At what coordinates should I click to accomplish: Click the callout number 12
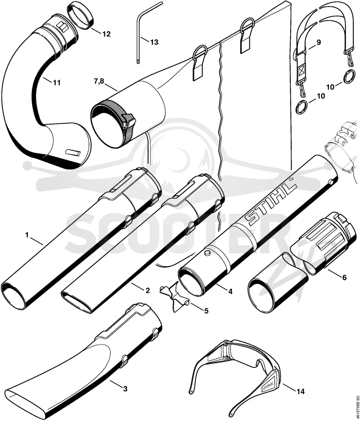point(106,34)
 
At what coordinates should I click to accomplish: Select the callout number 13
point(154,42)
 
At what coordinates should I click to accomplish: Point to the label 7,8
point(99,81)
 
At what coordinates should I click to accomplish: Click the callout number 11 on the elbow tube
point(56,82)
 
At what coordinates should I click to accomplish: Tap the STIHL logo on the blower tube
point(271,204)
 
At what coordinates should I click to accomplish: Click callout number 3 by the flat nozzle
point(125,389)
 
